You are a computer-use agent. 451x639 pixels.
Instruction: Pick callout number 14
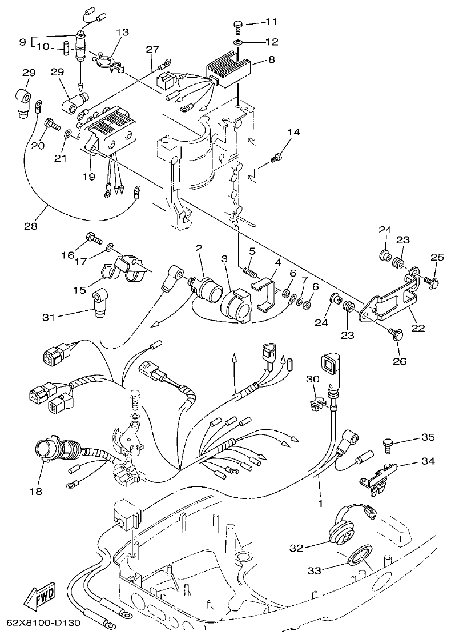[x=293, y=133]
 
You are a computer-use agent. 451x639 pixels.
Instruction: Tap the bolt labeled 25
[x=432, y=281]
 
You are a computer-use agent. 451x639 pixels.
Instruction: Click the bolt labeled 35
[x=388, y=442]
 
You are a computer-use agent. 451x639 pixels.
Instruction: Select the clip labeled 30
[x=316, y=404]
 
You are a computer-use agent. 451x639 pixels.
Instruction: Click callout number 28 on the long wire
[x=30, y=226]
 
